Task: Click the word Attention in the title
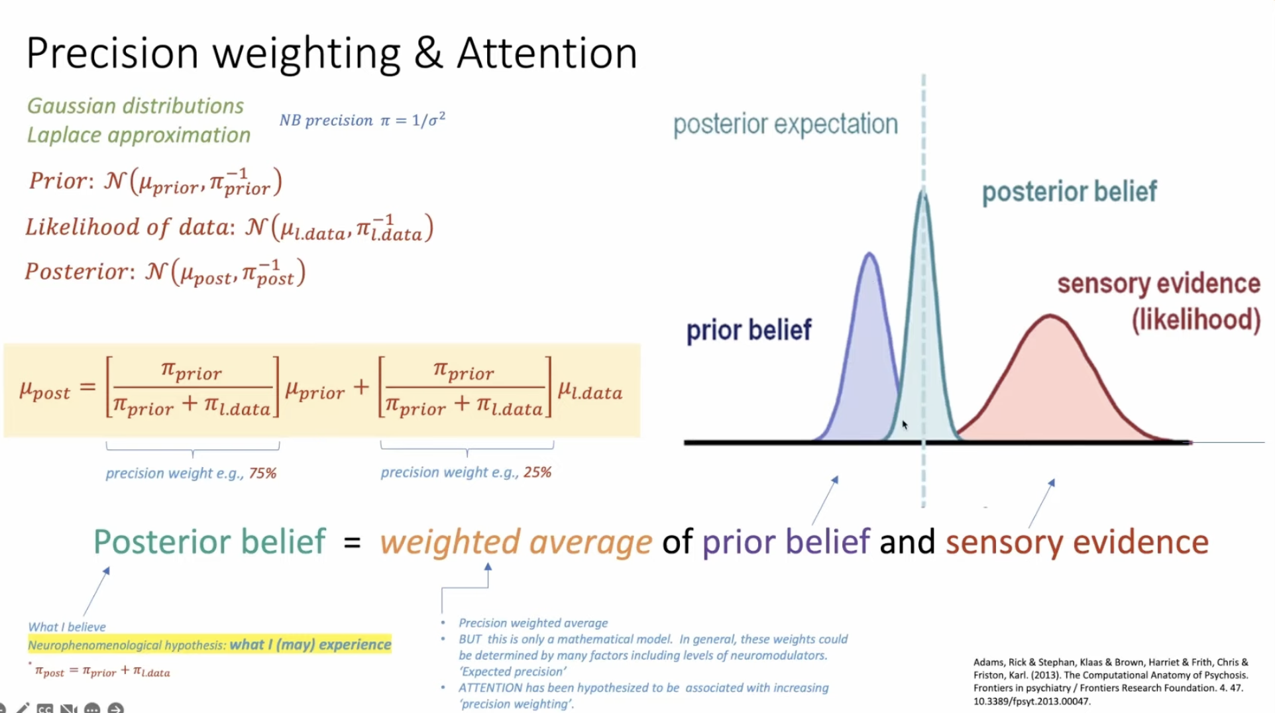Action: [547, 53]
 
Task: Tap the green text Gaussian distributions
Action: [135, 106]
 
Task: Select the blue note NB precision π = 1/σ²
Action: [362, 120]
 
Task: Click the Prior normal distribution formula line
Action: [155, 182]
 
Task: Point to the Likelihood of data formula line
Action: [229, 227]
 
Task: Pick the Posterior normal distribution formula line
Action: [165, 272]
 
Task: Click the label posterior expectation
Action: [785, 125]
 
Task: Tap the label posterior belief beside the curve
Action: [1069, 192]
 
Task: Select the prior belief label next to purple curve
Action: [749, 330]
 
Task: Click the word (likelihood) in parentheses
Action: [1195, 320]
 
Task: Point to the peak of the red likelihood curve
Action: [1050, 317]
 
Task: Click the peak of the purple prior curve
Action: [869, 254]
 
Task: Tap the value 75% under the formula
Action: [262, 473]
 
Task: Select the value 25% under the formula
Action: [537, 472]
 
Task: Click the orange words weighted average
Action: [516, 542]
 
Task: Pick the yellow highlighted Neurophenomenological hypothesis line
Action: [209, 645]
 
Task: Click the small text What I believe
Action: [67, 627]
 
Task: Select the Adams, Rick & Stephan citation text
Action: [1111, 681]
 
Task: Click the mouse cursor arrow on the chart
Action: [904, 424]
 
